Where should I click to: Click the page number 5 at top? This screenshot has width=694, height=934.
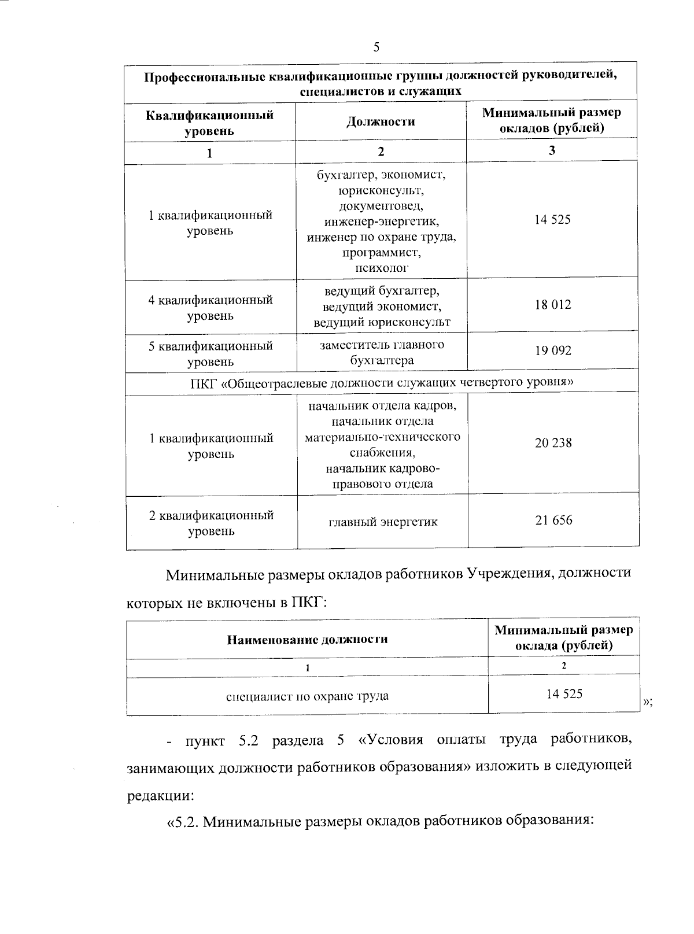pyautogui.click(x=376, y=47)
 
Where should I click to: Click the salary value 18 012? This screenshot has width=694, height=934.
pyautogui.click(x=553, y=305)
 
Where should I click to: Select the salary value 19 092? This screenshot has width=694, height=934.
pyautogui.click(x=553, y=350)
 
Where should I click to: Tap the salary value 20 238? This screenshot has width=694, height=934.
pyautogui.click(x=553, y=443)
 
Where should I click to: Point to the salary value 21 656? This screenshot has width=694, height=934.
pyautogui.click(x=553, y=520)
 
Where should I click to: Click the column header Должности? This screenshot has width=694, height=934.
pyautogui.click(x=381, y=121)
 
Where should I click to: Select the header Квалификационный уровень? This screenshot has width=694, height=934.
pyautogui.click(x=209, y=123)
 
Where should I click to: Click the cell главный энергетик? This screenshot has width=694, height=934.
pyautogui.click(x=383, y=522)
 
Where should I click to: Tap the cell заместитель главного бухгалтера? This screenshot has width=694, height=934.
pyautogui.click(x=382, y=352)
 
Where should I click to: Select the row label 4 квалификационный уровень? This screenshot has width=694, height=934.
pyautogui.click(x=211, y=308)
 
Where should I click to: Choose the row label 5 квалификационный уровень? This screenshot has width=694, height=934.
pyautogui.click(x=211, y=354)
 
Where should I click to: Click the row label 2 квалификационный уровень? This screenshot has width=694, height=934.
pyautogui.click(x=211, y=523)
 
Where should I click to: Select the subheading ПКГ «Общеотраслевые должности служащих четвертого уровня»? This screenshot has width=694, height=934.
pyautogui.click(x=382, y=383)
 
